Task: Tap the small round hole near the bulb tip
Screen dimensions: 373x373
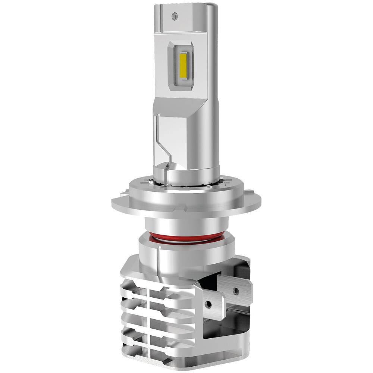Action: coord(173,16)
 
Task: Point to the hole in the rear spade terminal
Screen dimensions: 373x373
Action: coord(236,290)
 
